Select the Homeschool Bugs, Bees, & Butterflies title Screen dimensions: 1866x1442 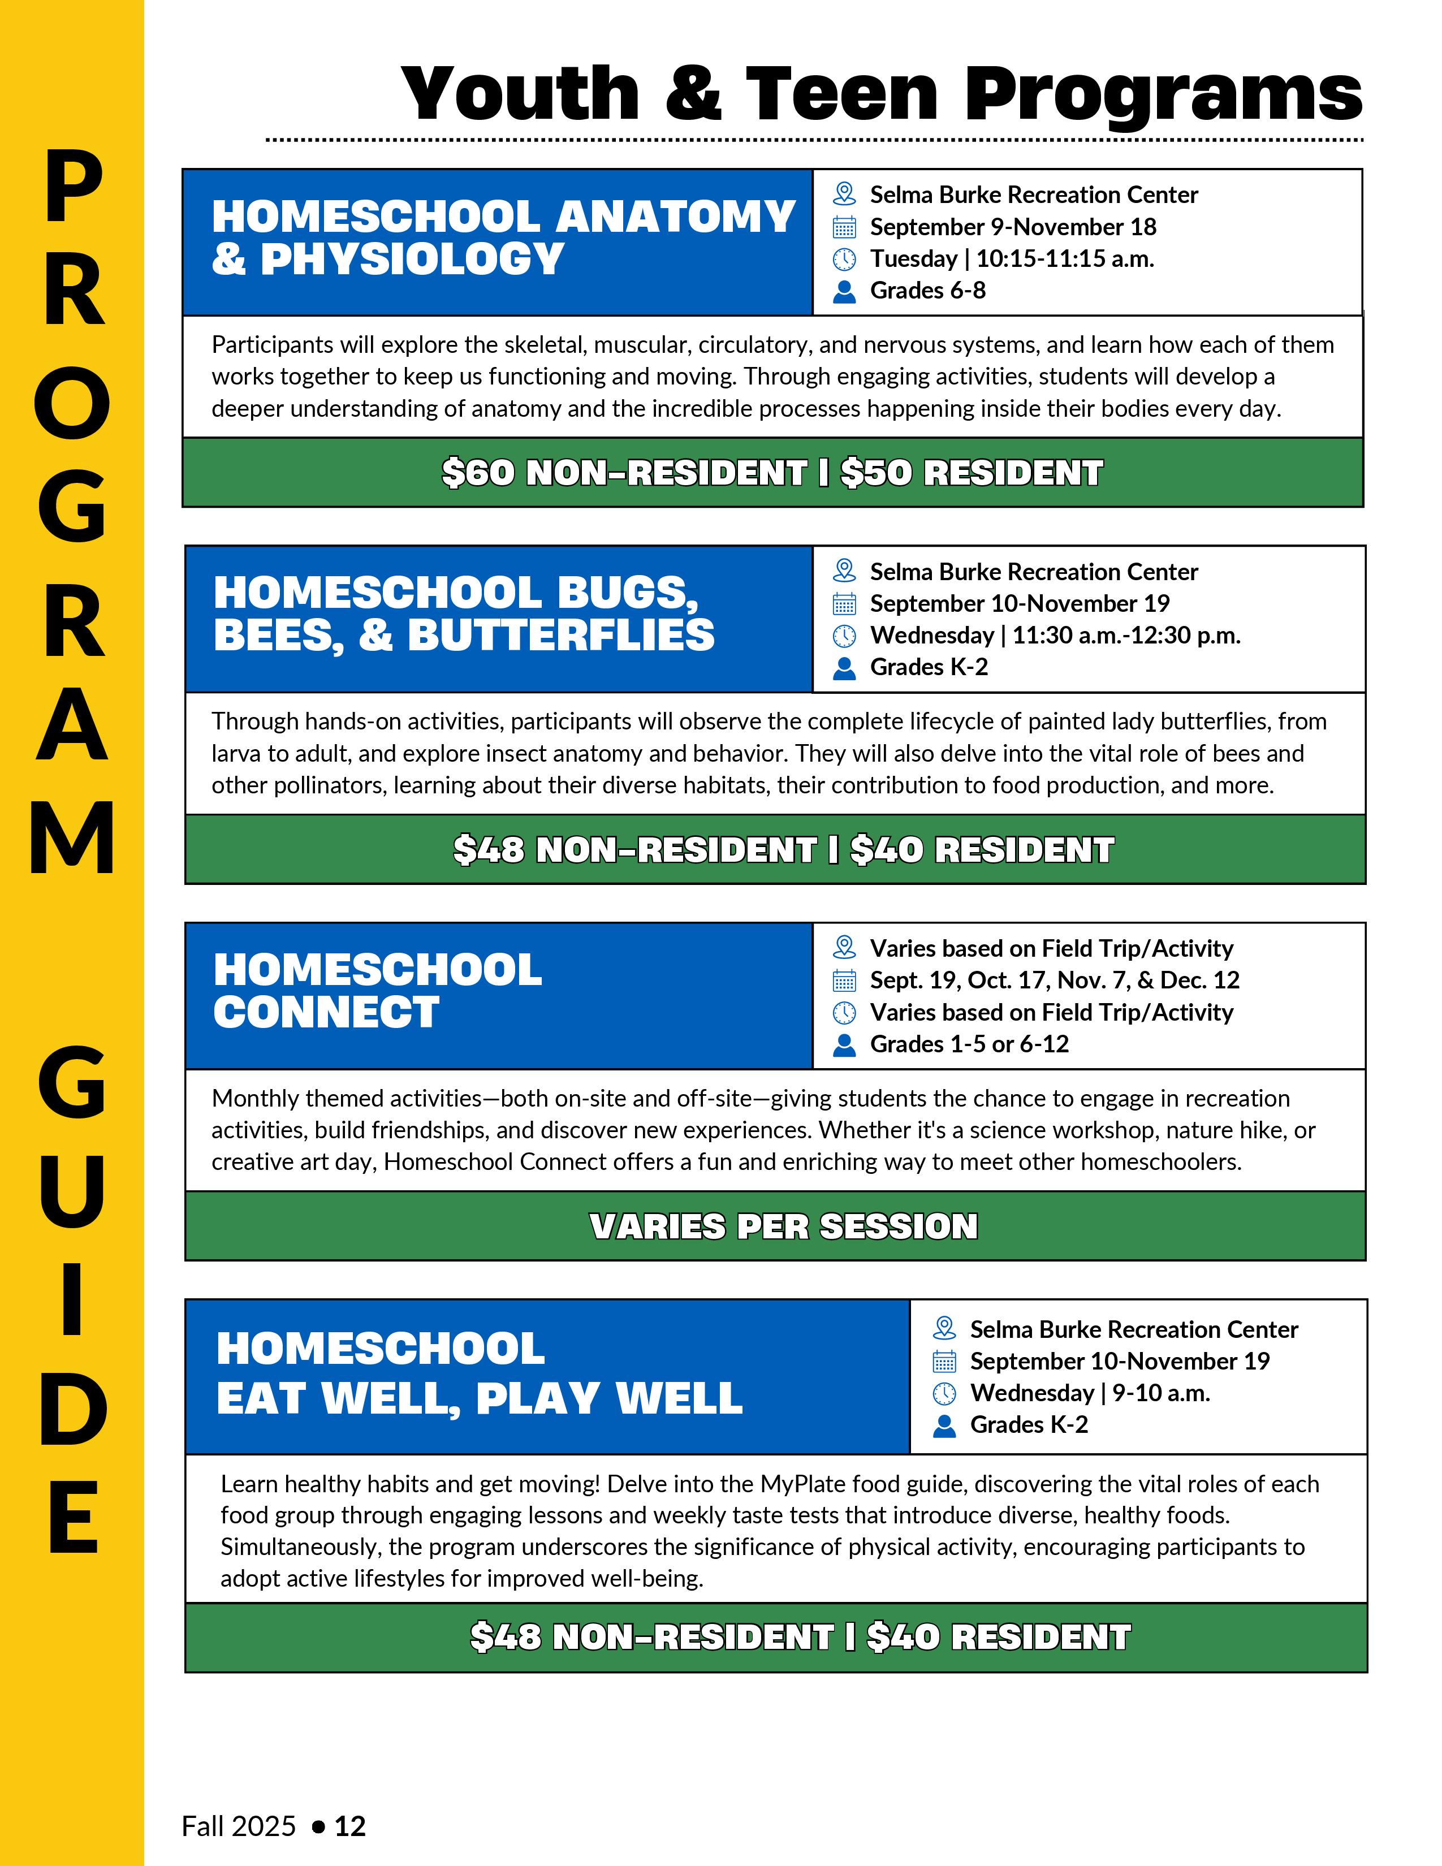[464, 614]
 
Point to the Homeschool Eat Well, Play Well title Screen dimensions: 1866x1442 [479, 1373]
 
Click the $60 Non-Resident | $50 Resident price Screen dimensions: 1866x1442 [772, 473]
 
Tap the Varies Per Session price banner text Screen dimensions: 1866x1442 [783, 1226]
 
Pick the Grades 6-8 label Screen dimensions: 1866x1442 [928, 291]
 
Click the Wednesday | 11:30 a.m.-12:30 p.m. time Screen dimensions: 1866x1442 [1055, 636]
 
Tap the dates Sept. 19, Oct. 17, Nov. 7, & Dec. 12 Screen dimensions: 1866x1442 [1054, 980]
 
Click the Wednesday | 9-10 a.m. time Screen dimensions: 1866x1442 [1090, 1393]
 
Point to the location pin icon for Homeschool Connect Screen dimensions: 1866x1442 [844, 948]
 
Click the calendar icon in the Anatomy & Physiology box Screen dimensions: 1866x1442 [844, 227]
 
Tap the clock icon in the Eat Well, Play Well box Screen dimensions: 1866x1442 [944, 1393]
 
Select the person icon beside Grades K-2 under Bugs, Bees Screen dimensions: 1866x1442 [844, 668]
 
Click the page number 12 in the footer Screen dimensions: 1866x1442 [350, 1826]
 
